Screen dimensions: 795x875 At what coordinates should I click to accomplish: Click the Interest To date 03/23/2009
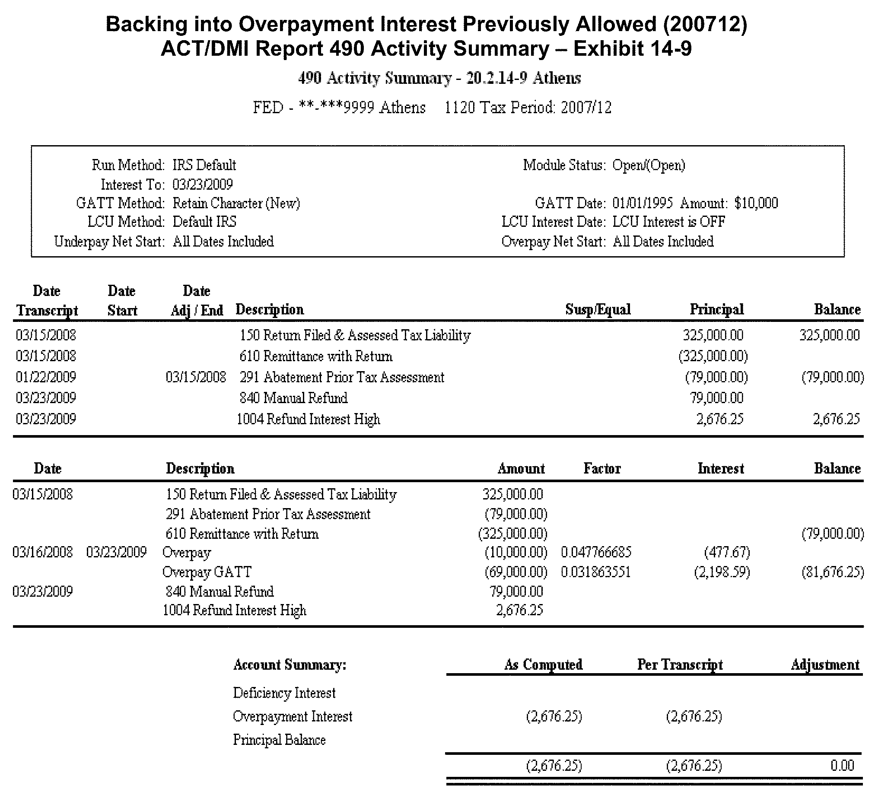202,184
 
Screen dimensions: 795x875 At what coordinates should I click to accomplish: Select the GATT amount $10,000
756,203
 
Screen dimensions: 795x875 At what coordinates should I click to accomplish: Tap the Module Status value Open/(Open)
649,165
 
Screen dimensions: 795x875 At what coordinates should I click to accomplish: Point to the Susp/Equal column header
598,310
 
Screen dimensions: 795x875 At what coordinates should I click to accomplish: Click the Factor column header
602,469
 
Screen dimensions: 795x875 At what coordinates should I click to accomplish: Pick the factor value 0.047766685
596,553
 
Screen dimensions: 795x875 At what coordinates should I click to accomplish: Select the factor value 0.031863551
595,572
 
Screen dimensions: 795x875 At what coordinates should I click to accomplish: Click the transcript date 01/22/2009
46,377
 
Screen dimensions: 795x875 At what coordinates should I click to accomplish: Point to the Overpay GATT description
207,572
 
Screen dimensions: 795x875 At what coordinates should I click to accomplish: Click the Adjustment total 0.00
842,765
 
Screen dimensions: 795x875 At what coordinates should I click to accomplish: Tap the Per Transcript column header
680,665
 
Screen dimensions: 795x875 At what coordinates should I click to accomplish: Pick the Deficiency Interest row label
284,693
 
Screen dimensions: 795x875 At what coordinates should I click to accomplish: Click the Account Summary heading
290,665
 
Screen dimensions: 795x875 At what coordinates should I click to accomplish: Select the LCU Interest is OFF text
668,222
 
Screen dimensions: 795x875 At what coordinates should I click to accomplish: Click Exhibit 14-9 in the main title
633,48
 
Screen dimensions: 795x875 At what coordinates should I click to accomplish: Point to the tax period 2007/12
586,108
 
